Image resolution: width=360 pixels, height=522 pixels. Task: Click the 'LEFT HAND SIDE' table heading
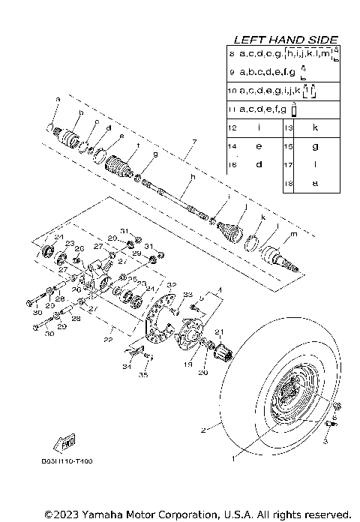pos(285,39)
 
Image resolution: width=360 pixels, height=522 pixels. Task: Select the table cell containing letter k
pos(315,128)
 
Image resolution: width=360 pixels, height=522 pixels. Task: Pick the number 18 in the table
pos(288,182)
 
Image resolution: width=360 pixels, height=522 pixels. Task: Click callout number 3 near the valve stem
pos(325,442)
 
